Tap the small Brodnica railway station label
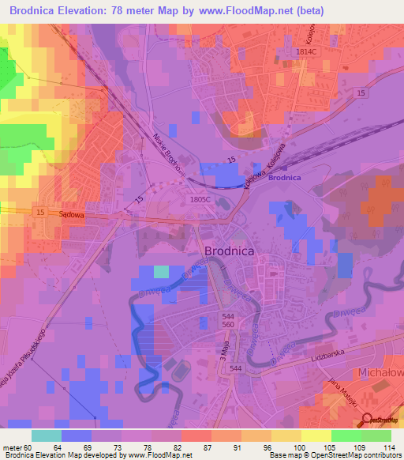point(285,178)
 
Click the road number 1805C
point(200,200)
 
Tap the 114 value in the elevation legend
point(383,447)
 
